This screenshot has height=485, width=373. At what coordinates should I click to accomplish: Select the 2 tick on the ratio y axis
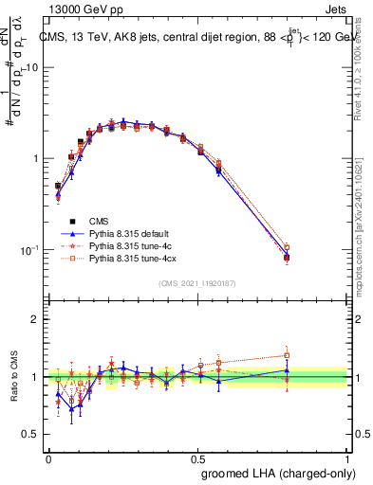pos(38,319)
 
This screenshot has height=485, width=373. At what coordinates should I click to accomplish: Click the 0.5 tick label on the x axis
pos(198,458)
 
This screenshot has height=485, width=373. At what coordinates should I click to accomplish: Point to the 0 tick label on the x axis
pos(48,458)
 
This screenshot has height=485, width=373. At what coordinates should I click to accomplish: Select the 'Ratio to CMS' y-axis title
pos(13,377)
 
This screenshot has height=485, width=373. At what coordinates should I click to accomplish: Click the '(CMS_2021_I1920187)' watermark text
pos(198,282)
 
